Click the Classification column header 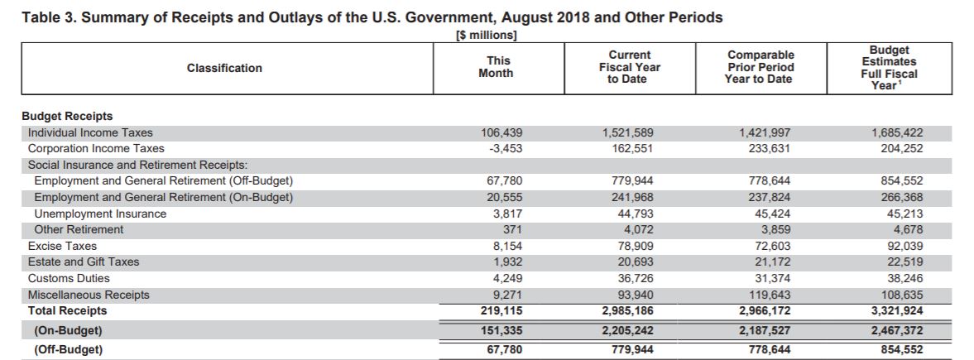click(x=224, y=68)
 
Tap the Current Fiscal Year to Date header click(x=629, y=67)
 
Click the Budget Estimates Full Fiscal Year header click(x=889, y=68)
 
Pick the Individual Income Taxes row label click(x=90, y=132)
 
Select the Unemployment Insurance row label click(x=100, y=214)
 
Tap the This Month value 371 click(x=513, y=230)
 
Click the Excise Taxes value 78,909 click(x=636, y=247)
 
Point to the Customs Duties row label click(x=69, y=279)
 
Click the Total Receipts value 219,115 click(x=502, y=311)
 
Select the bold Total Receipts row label click(x=67, y=311)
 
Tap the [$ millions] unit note click(x=487, y=36)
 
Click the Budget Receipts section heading click(x=67, y=117)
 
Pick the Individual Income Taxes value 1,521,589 click(x=628, y=132)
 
